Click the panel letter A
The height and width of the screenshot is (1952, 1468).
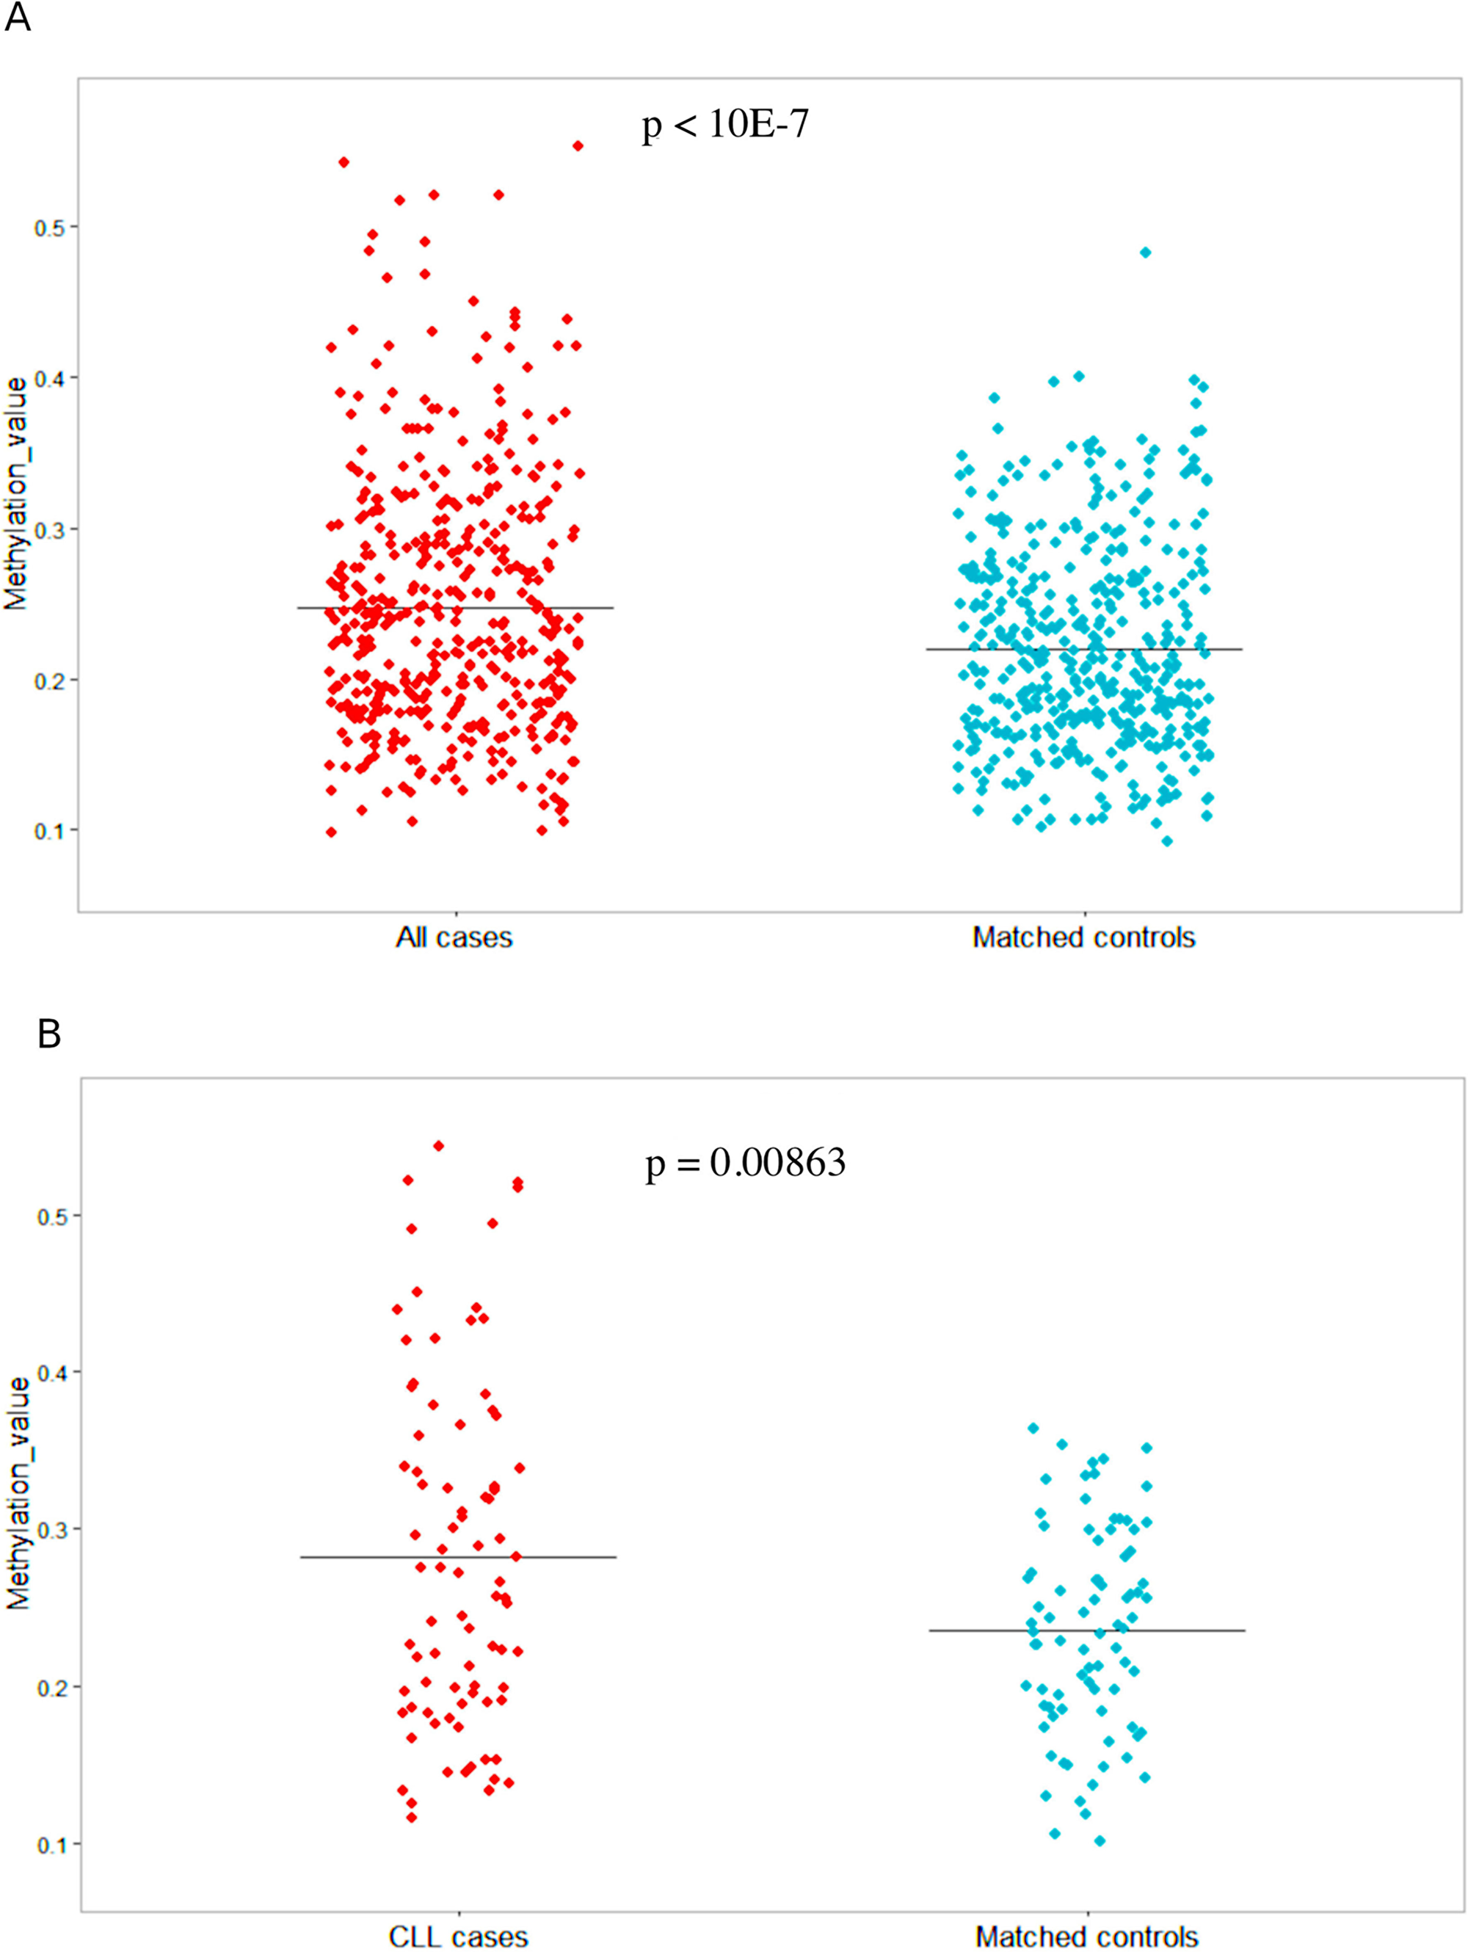pyautogui.click(x=18, y=18)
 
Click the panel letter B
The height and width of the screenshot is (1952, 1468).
pyautogui.click(x=48, y=1034)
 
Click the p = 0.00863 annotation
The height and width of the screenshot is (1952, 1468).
pyautogui.click(x=746, y=1163)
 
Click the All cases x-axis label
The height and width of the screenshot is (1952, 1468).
pyautogui.click(x=454, y=937)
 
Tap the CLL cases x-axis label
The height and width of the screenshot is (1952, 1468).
pyautogui.click(x=458, y=1937)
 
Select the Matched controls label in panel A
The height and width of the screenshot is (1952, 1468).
pyautogui.click(x=1083, y=937)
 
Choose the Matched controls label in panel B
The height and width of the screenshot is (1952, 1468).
pyautogui.click(x=1086, y=1937)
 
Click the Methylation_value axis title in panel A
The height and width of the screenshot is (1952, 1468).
pyautogui.click(x=17, y=504)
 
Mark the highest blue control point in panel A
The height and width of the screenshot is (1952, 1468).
pyautogui.click(x=1145, y=253)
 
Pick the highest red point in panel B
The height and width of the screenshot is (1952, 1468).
pyautogui.click(x=437, y=1145)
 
